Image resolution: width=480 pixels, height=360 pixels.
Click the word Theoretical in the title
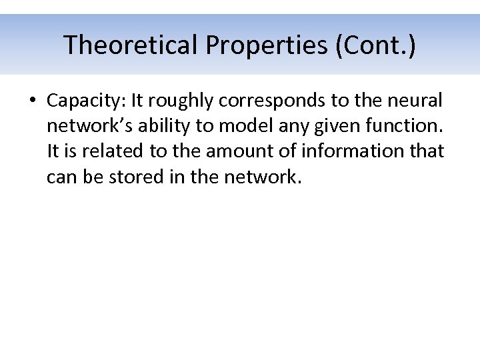tap(131, 45)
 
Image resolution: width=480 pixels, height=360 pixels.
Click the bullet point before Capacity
tap(32, 101)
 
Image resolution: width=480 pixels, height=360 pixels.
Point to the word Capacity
tap(85, 101)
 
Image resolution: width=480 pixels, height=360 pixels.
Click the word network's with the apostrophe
tap(87, 126)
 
